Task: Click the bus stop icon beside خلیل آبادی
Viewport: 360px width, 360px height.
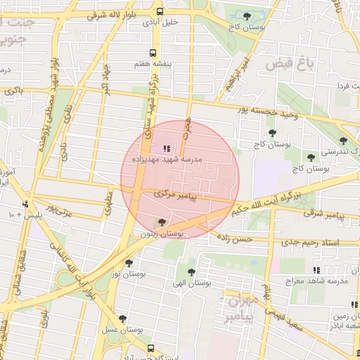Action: pyautogui.click(x=160, y=12)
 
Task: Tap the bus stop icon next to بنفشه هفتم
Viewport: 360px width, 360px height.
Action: pyautogui.click(x=154, y=52)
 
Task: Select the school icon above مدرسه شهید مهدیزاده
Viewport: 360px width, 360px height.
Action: pyautogui.click(x=166, y=148)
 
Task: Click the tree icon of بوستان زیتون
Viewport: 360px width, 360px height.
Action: pyautogui.click(x=162, y=222)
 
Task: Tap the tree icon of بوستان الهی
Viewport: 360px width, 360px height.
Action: pyautogui.click(x=191, y=271)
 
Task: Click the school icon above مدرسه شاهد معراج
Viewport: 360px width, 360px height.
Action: pyautogui.click(x=317, y=270)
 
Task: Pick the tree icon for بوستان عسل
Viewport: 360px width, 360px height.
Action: pyautogui.click(x=122, y=319)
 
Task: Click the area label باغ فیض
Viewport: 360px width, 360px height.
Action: pyautogui.click(x=288, y=65)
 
